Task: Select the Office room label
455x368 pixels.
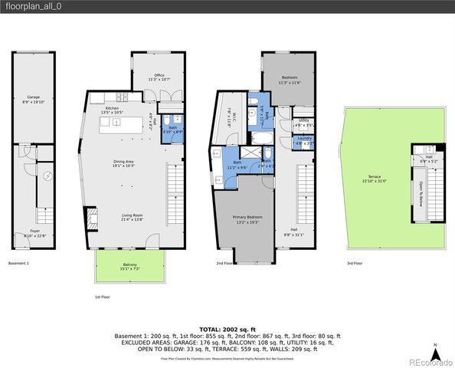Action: (157, 76)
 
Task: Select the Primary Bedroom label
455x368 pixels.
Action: (246, 219)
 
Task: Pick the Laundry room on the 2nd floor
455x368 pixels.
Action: (304, 142)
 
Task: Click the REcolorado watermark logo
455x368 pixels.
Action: (429, 361)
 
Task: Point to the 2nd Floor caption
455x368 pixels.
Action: (224, 263)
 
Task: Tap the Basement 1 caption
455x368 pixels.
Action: (19, 263)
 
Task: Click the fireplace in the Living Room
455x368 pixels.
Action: (88, 215)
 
